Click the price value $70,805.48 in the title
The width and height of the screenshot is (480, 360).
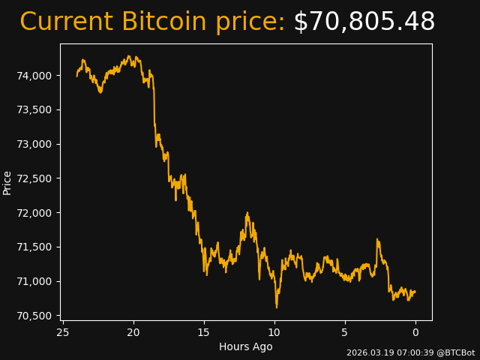[364, 22]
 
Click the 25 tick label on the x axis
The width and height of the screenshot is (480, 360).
[63, 332]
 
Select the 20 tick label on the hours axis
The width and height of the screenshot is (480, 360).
[133, 332]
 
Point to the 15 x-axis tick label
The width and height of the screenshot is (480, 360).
[204, 332]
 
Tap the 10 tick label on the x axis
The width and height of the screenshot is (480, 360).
[274, 332]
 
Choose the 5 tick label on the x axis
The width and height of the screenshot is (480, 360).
[345, 332]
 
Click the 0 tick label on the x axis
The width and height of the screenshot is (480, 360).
[415, 332]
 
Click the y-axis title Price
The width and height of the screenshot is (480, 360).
[7, 182]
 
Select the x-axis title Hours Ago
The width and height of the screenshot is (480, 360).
[246, 346]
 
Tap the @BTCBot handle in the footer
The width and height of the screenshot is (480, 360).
[454, 352]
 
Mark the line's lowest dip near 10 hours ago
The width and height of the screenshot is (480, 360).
[276, 307]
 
